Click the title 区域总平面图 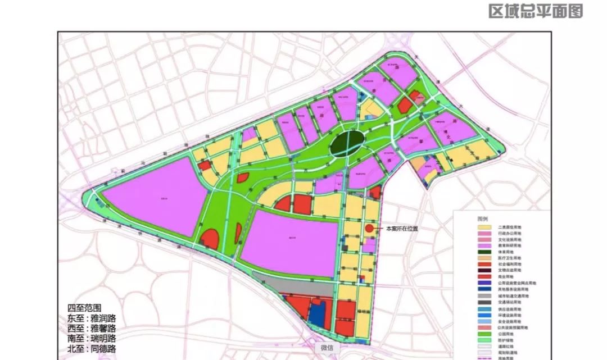535,11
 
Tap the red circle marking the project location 369,229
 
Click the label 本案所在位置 402,229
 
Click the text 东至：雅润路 95,318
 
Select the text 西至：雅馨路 95,328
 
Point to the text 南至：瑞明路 95,338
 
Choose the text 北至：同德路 95,348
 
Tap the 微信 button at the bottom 327,348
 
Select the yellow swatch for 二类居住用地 483,226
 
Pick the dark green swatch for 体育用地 483,252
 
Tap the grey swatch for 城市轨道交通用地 483,296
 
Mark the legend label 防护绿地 507,341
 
